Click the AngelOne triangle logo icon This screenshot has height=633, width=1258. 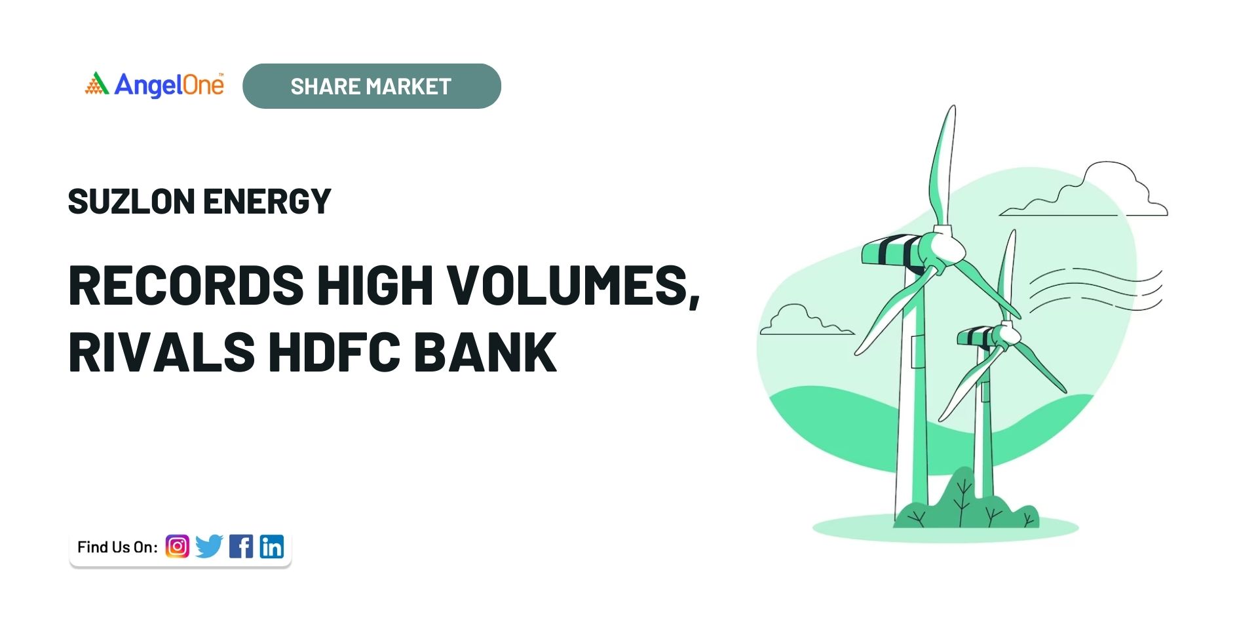coord(97,83)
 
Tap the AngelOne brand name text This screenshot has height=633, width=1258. coord(169,85)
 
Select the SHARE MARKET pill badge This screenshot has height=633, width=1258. coord(372,86)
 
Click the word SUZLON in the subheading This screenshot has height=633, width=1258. coord(131,201)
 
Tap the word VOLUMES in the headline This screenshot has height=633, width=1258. coord(567,285)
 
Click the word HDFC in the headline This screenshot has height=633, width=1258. coord(334,352)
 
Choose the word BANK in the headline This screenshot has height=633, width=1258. coord(485,352)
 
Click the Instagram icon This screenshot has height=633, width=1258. coord(177,546)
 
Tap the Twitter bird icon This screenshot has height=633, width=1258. coord(209,546)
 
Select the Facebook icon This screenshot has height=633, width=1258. coord(241,546)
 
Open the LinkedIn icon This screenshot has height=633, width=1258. coord(272,546)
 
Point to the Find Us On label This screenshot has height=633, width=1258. coord(117,547)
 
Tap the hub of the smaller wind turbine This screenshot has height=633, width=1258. coord(1009,336)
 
